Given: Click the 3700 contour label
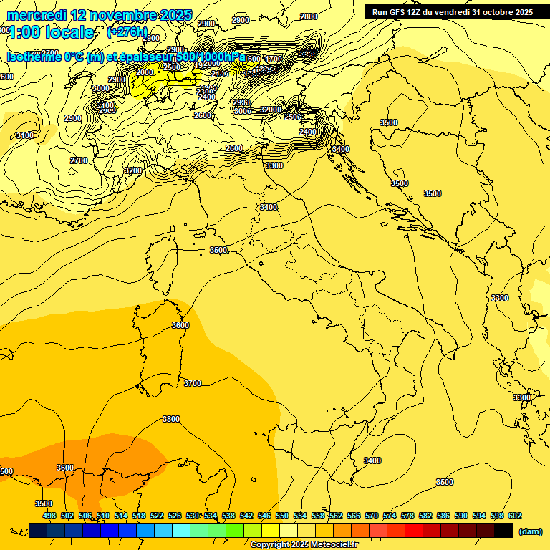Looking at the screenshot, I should coord(192,383).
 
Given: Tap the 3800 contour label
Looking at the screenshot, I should coord(170,419).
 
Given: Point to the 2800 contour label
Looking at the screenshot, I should coord(309,16).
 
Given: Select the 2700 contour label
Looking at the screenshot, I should coord(79,160).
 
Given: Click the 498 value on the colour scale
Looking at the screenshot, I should coord(49,516).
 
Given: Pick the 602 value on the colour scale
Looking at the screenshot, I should coord(515,516).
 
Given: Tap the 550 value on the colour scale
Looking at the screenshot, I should coord(282,516).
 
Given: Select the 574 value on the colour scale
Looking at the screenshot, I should coord(390,516).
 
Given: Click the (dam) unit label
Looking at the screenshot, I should coord(530,531).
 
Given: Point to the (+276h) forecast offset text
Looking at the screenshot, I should coord(127,32).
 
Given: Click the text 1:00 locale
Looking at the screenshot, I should coord(52,32).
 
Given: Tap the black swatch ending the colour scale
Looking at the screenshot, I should coord(503,530).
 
